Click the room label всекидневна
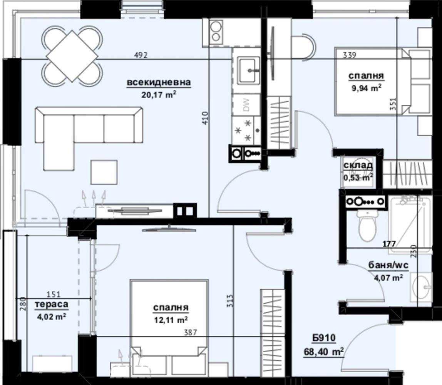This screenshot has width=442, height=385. point(159,82)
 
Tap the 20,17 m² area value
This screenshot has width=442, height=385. point(159,94)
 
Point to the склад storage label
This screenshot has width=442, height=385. point(358,165)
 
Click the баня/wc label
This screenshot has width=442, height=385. point(388,266)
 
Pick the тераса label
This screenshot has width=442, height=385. point(52,305)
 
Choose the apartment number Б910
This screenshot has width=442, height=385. point(323,338)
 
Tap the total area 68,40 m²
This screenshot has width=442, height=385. point(323,352)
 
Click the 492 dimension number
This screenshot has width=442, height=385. point(141,55)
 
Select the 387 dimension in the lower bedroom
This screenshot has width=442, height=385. point(191,333)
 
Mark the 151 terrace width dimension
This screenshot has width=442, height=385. point(54,295)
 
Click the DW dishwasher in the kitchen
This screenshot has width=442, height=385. point(246,105)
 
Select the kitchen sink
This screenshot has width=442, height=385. point(248,70)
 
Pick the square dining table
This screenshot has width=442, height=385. point(72,56)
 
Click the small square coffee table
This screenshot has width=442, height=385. point(104,172)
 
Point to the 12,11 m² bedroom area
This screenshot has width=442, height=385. point(171,320)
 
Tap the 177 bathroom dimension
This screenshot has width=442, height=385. point(389,244)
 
